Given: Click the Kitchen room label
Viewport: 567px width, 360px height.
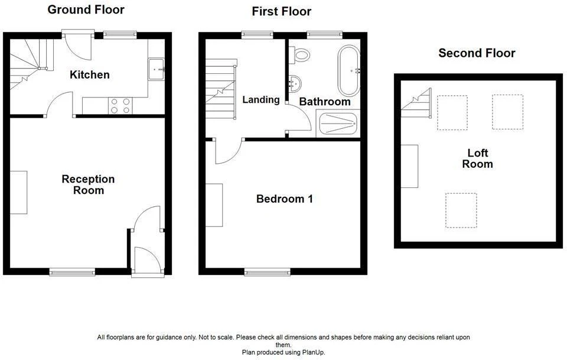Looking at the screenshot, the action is [89, 75].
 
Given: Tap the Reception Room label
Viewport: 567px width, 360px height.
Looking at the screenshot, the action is [88, 184].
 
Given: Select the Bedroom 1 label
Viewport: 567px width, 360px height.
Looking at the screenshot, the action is [284, 199].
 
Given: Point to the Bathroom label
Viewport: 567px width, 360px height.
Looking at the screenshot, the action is [325, 102].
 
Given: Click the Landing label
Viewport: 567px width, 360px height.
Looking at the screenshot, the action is [260, 100].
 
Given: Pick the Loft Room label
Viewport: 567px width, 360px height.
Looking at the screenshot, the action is [477, 158].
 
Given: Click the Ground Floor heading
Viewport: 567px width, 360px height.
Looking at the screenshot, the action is [86, 10].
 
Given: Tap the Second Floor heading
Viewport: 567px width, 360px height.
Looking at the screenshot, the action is [477, 53].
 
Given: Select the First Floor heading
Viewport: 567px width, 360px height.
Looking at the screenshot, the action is [281, 12].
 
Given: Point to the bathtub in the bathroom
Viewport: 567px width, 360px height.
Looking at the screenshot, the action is [348, 70].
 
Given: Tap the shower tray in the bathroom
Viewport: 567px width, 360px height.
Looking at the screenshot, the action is [338, 124].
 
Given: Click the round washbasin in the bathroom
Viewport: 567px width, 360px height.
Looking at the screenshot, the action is [295, 84].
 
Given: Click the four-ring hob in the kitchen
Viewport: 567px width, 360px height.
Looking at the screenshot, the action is [120, 106].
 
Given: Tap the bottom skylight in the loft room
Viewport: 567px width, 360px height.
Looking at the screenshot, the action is [461, 210].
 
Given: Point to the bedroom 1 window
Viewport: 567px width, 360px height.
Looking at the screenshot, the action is [267, 272].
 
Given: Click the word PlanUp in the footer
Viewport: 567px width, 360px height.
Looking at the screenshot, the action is [313, 352].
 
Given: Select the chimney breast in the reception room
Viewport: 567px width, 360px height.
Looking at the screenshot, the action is [18, 193].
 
